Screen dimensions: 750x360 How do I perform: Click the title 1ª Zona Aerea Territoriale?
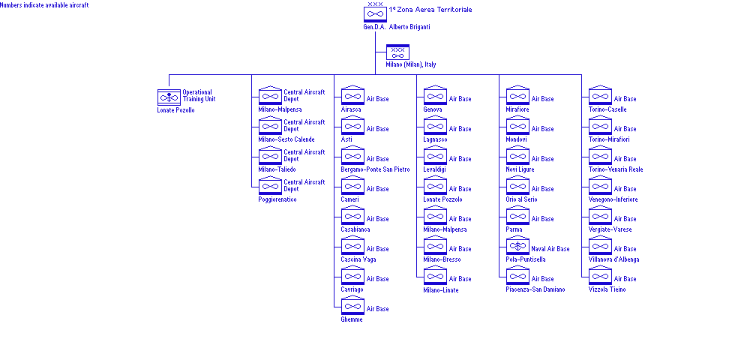[x=430, y=10]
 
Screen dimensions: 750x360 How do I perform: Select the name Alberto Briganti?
[x=409, y=27]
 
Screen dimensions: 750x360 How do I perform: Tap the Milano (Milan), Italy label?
[x=411, y=64]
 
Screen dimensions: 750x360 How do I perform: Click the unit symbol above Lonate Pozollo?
[x=169, y=97]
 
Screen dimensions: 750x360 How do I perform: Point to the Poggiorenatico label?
[x=277, y=199]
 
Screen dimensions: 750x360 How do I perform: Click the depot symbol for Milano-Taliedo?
[x=270, y=155]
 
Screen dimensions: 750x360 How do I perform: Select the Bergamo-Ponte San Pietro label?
[x=376, y=169]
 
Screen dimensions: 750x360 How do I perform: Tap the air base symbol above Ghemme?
[x=352, y=305]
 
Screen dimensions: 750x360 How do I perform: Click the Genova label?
[x=433, y=109]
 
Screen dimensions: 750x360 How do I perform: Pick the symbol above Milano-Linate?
[x=435, y=275]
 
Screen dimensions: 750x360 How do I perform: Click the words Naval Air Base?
[x=550, y=249]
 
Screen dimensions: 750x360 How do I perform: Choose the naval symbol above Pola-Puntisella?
[x=517, y=246]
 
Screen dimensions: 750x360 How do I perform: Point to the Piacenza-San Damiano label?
[x=535, y=289]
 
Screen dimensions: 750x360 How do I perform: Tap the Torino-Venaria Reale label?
[x=616, y=169]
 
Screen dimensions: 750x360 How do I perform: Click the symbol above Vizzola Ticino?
[x=600, y=275]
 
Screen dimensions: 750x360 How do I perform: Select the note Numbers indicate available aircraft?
[x=44, y=5]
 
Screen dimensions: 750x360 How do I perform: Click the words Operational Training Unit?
[x=199, y=95]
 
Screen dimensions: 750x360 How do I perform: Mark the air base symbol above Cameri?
[x=352, y=185]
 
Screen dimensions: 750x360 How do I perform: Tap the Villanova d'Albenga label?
[x=613, y=259]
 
